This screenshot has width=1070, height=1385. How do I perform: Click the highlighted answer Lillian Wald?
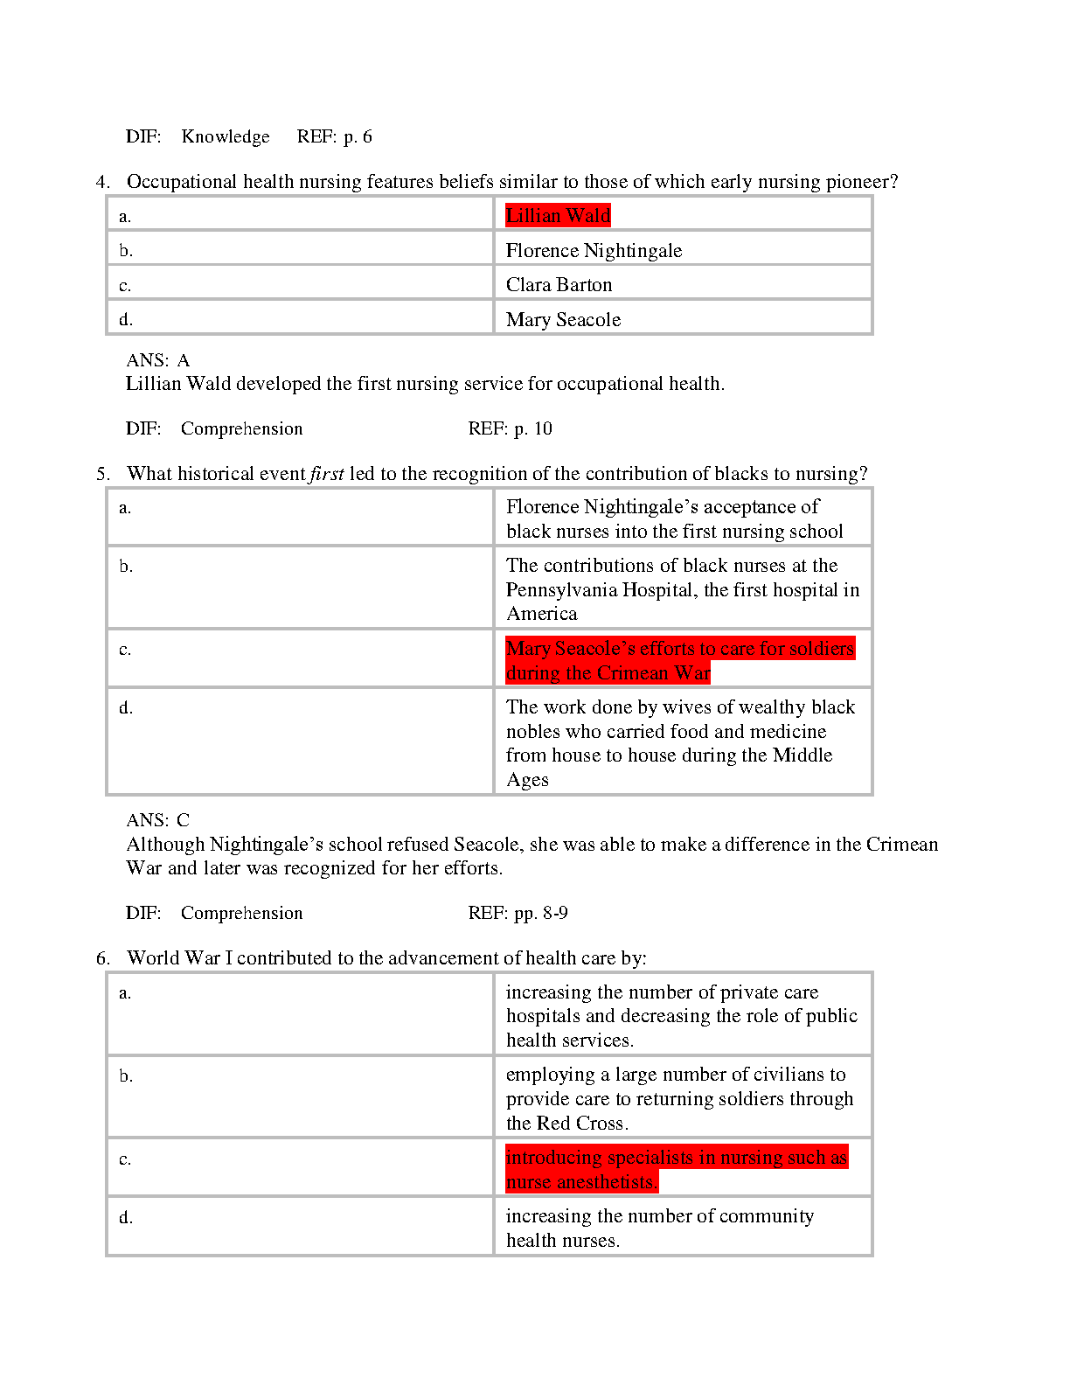(558, 215)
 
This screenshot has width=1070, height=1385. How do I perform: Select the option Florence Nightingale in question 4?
(594, 251)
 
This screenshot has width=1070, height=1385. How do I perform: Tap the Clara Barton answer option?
(559, 285)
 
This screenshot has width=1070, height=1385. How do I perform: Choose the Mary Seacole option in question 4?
(563, 320)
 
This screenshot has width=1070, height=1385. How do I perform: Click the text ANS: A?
(157, 360)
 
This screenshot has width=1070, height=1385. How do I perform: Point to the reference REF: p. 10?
(510, 428)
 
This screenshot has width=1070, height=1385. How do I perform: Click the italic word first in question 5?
(327, 474)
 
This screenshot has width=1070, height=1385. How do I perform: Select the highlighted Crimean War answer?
(679, 660)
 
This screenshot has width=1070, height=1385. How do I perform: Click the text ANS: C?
(157, 820)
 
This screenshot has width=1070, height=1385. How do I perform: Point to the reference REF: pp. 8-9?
(518, 913)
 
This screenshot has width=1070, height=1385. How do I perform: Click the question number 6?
(102, 958)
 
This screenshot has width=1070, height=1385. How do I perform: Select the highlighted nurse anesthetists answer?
(676, 1170)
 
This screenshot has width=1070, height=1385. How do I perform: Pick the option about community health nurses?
(659, 1228)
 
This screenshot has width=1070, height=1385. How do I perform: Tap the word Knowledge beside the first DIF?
(226, 136)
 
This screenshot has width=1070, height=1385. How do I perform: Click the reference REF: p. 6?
(334, 136)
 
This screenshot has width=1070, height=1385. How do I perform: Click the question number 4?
(102, 182)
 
